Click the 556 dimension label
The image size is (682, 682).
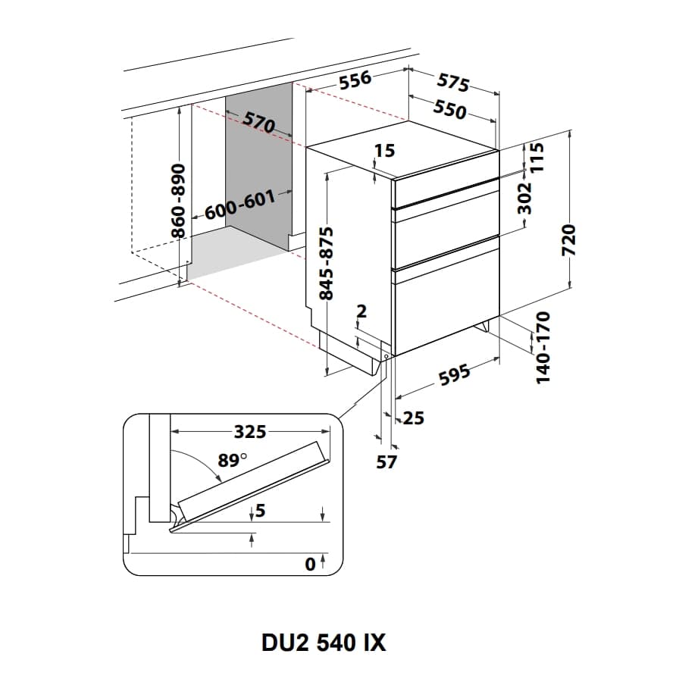(x=355, y=80)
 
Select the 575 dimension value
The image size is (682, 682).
(x=454, y=83)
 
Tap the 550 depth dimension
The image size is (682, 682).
(x=449, y=110)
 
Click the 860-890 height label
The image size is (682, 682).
(x=178, y=201)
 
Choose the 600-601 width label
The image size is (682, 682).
(x=239, y=205)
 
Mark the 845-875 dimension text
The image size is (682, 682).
(x=327, y=262)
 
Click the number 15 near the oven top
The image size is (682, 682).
(x=385, y=151)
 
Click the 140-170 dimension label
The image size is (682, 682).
(x=544, y=346)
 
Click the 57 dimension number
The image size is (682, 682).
(x=386, y=461)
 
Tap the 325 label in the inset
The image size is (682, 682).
(x=249, y=432)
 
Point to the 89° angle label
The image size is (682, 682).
(x=233, y=460)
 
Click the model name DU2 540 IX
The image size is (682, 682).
(x=324, y=643)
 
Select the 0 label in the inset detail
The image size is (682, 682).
(x=309, y=564)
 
